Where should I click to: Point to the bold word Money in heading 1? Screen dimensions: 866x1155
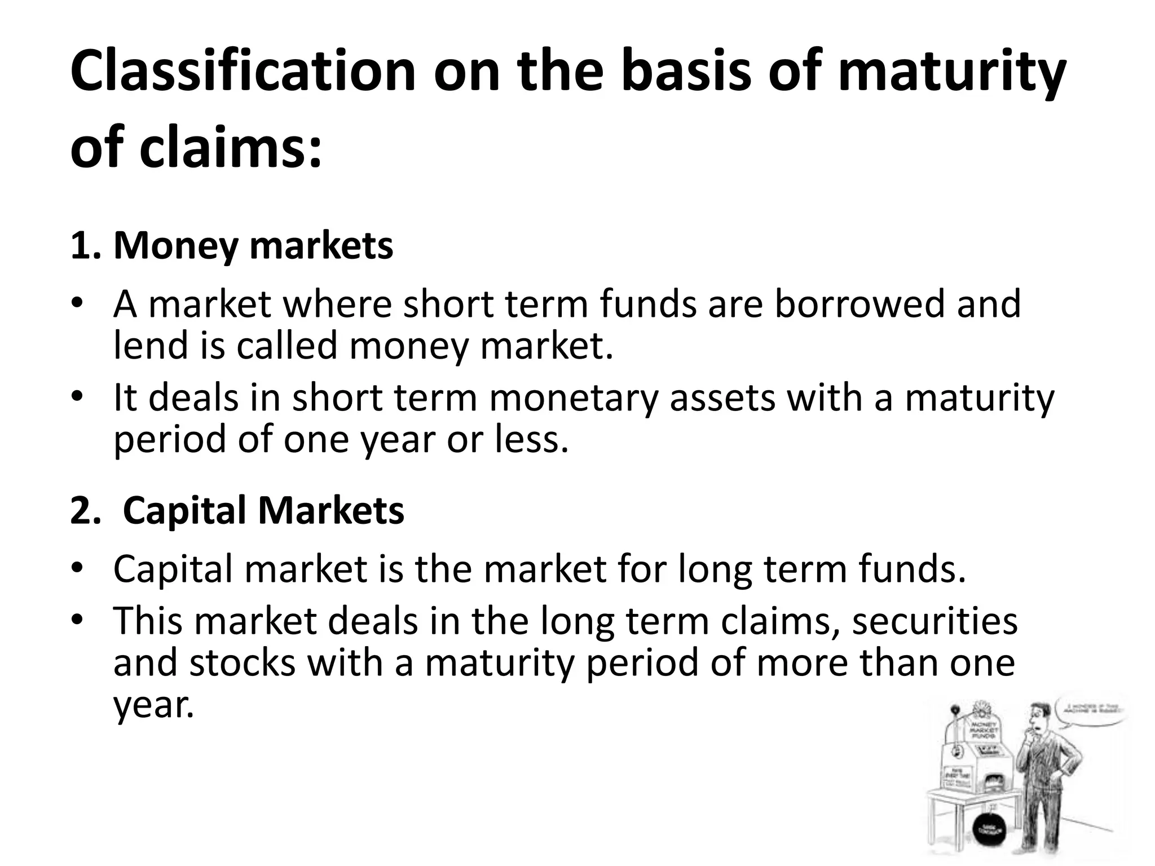pos(175,246)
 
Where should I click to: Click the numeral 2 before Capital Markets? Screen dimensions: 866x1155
pos(82,510)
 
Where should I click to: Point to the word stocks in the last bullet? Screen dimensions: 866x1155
pos(242,662)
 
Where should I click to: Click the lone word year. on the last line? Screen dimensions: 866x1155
pos(153,705)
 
